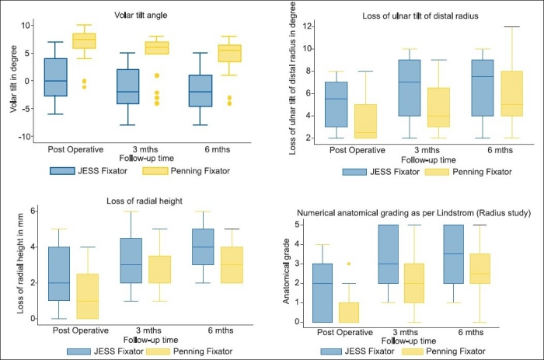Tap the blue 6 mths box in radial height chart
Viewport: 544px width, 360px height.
tap(203, 246)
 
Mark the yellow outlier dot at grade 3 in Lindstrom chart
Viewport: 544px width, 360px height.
tap(349, 264)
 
